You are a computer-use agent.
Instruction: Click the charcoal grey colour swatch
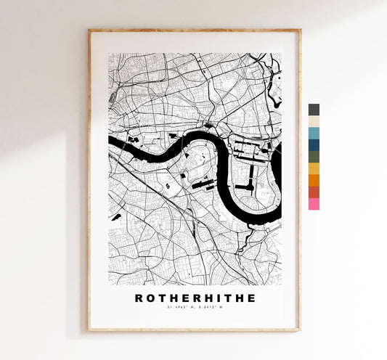coord(314,110)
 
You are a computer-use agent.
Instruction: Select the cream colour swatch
coord(314,121)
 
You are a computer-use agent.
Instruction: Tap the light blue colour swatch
coord(314,133)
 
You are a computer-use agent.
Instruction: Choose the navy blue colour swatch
coord(314,144)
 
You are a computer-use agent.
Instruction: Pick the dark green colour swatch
coord(314,156)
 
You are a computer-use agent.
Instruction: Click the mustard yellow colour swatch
coord(314,168)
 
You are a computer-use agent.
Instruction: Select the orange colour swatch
coord(314,180)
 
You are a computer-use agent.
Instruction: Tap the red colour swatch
coord(314,192)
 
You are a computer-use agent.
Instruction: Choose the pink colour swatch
coord(314,204)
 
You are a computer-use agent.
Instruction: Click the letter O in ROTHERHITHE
coord(150,298)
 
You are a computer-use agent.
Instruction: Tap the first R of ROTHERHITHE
coord(139,298)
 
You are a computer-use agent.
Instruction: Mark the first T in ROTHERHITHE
coord(160,298)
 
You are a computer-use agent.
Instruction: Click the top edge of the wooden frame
coord(194,30)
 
